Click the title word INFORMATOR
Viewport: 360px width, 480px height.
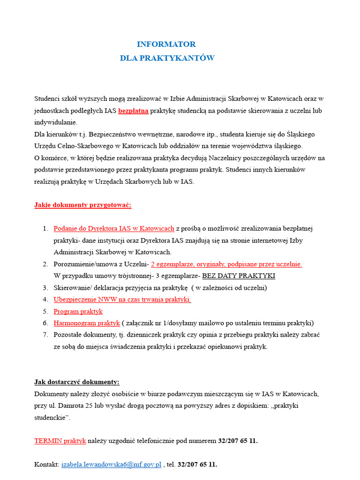pyautogui.click(x=166, y=44)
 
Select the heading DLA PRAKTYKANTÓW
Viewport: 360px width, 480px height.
pyautogui.click(x=167, y=58)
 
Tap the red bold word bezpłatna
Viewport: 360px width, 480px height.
pyautogui.click(x=133, y=111)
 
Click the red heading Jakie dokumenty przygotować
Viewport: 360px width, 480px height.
pyautogui.click(x=83, y=205)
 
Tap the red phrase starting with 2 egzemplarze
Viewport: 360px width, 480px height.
pyautogui.click(x=226, y=264)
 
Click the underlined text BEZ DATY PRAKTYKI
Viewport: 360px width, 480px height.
pyautogui.click(x=239, y=276)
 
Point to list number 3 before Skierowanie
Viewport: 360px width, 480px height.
pyautogui.click(x=45, y=287)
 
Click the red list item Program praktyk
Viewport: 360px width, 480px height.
pyautogui.click(x=78, y=311)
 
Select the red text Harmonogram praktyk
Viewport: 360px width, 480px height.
pyautogui.click(x=87, y=323)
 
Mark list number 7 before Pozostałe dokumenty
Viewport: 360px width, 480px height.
pyautogui.click(x=45, y=335)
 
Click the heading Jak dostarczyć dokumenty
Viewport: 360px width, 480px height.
pyautogui.click(x=77, y=382)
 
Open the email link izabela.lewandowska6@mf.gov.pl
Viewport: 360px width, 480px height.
pyautogui.click(x=111, y=465)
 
